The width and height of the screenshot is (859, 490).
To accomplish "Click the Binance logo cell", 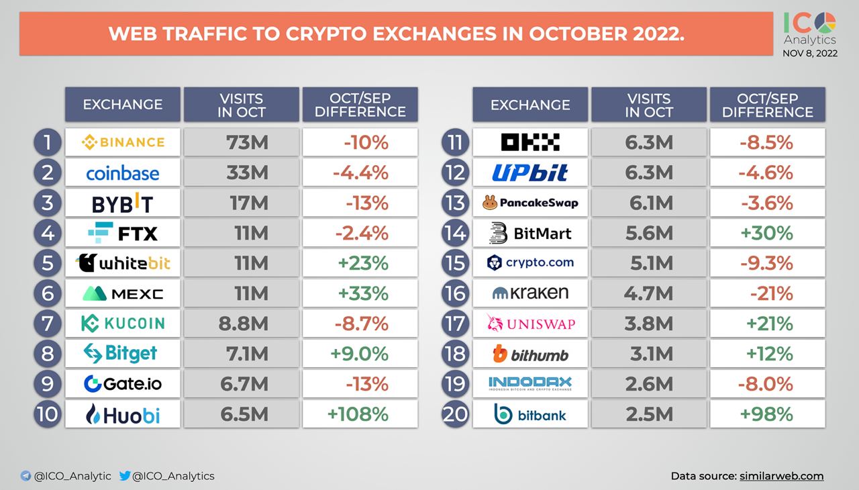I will pyautogui.click(x=123, y=142).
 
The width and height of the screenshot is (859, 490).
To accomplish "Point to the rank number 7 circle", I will pyautogui.click(x=47, y=324).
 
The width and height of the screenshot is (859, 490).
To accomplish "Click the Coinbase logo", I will pyautogui.click(x=123, y=173).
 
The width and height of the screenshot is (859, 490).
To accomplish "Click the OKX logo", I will pyautogui.click(x=530, y=142).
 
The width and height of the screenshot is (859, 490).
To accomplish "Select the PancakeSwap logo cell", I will pyautogui.click(x=530, y=203).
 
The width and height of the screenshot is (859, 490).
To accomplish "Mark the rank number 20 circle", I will pyautogui.click(x=455, y=414).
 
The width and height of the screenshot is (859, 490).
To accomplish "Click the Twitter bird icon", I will pyautogui.click(x=124, y=476).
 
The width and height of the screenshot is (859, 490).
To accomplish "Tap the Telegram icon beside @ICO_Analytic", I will pyautogui.click(x=26, y=476).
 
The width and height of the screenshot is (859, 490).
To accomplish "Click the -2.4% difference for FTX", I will pyautogui.click(x=360, y=233).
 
